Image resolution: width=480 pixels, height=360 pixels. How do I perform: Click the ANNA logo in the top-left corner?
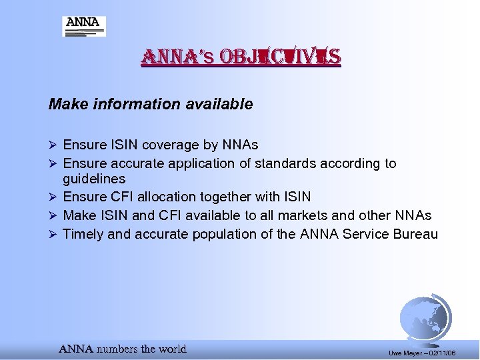(84, 26)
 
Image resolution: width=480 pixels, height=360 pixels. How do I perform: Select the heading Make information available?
(151, 105)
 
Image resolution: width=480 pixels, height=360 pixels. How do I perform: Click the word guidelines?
(94, 179)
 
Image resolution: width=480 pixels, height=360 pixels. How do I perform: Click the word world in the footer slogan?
(173, 349)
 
